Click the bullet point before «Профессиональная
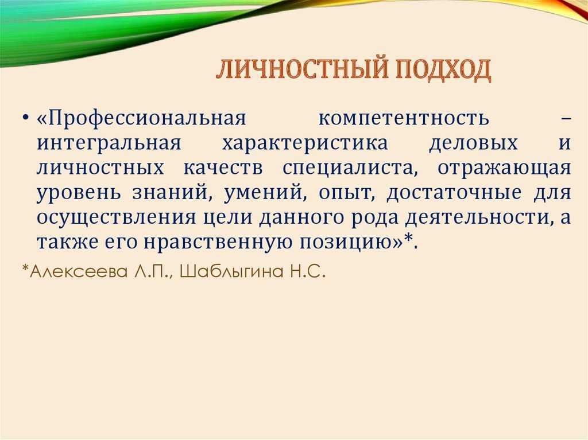25,118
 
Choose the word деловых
473,143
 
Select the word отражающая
504,169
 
